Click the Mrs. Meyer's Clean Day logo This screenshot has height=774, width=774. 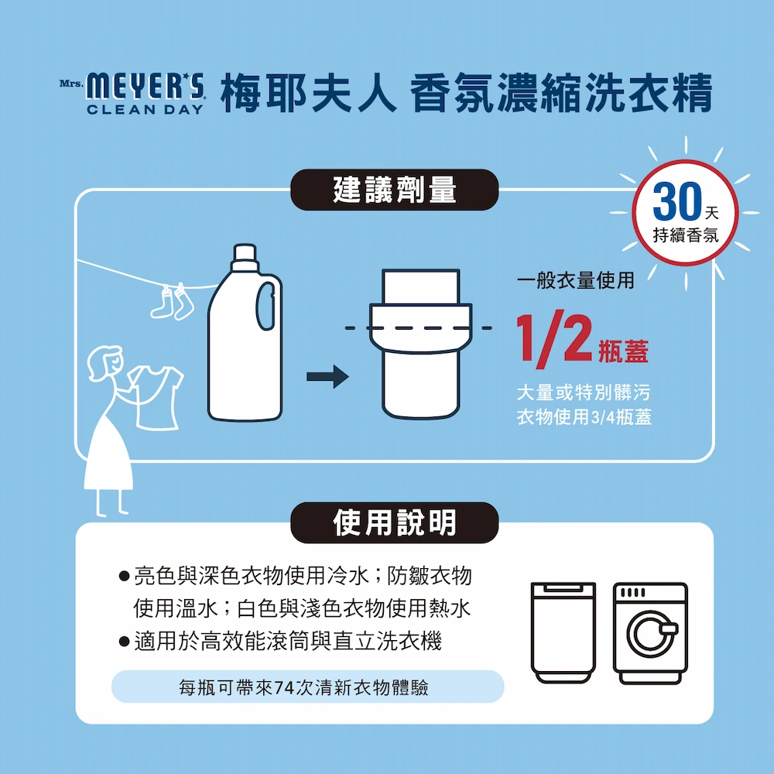click(x=132, y=94)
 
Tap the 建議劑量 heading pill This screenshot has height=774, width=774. click(x=395, y=190)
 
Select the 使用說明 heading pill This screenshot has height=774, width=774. click(x=395, y=522)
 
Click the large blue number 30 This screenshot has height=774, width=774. click(x=676, y=201)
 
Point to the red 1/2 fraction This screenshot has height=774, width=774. click(x=554, y=340)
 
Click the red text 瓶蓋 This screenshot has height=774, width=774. click(x=623, y=351)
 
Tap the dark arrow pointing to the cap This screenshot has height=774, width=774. click(x=327, y=377)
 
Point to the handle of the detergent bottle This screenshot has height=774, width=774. click(x=265, y=306)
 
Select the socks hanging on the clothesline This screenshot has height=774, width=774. click(x=173, y=301)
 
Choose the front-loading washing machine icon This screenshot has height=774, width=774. click(x=650, y=633)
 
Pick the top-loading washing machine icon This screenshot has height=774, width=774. click(x=563, y=633)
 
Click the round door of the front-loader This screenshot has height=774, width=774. click(x=651, y=634)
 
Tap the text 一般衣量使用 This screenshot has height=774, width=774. click(x=576, y=280)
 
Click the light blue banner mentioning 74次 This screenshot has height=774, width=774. click(x=307, y=687)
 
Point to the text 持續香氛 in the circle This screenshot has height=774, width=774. click(x=686, y=235)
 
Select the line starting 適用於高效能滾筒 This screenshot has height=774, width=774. click(x=287, y=642)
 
